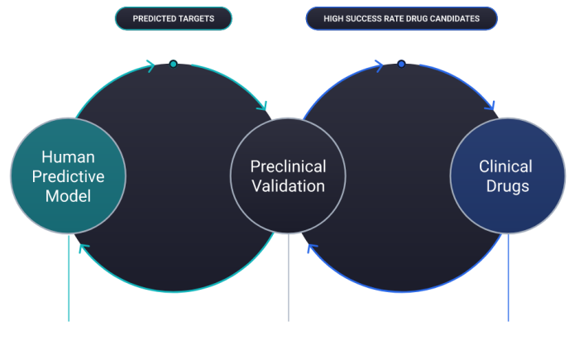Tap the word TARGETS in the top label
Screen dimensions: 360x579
tap(199, 18)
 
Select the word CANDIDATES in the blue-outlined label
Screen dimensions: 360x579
tap(454, 18)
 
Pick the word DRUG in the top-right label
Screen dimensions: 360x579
tap(409, 18)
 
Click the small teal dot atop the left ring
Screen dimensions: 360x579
tap(173, 64)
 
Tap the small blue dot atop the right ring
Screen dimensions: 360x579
tap(401, 64)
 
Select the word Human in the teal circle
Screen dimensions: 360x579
tap(68, 156)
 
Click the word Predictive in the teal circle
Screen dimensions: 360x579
tap(68, 175)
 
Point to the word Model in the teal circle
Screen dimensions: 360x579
tap(68, 195)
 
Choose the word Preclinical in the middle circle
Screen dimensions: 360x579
tap(288, 166)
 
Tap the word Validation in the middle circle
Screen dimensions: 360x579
tap(288, 186)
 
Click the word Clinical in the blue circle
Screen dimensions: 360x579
tap(505, 166)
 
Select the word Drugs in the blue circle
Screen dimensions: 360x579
tap(507, 186)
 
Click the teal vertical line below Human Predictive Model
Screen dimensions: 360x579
tap(69, 281)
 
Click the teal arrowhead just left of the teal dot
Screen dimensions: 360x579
tap(151, 66)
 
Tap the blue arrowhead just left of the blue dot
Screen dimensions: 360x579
tap(379, 66)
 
